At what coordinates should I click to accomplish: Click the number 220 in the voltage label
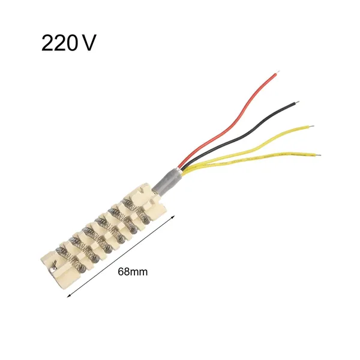(59, 43)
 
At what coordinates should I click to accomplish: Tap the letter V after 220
(88, 43)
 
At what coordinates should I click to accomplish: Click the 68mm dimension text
(133, 272)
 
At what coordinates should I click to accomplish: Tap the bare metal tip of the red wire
(278, 73)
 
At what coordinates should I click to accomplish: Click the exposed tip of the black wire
(297, 102)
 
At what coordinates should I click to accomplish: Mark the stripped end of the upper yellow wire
(312, 126)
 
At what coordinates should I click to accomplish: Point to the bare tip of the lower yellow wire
(318, 155)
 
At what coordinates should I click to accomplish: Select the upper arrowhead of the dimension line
(173, 217)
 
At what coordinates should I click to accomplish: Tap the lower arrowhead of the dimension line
(68, 296)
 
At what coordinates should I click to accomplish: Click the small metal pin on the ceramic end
(53, 268)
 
